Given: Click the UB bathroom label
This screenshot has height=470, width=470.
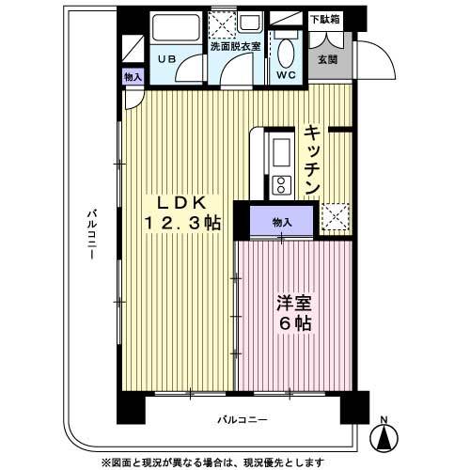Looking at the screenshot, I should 166,58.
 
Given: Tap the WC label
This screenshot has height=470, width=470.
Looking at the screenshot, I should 286,74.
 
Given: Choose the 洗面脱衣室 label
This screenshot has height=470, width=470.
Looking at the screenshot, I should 234,45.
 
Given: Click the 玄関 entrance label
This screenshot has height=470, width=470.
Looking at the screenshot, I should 327,59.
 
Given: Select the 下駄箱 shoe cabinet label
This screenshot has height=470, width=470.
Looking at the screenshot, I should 325,18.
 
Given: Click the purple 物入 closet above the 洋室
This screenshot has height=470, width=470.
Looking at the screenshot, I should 282,222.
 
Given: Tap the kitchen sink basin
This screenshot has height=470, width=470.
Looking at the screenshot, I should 280,149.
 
